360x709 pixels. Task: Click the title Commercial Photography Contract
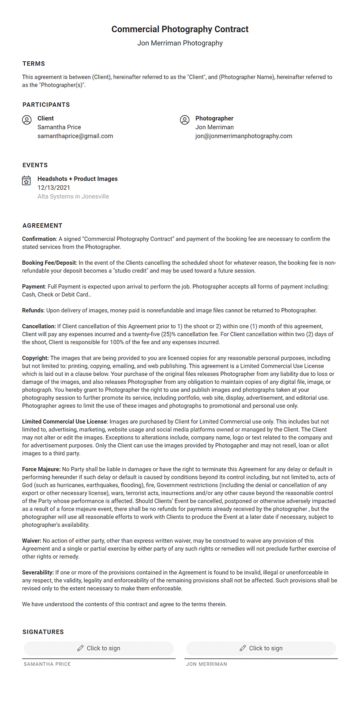pos(180,29)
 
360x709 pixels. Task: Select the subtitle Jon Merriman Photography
pos(180,43)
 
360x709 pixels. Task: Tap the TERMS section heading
pos(34,64)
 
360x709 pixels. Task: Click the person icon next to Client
pos(27,120)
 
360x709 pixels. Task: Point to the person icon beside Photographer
pos(185,120)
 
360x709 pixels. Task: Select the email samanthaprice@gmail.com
pos(75,136)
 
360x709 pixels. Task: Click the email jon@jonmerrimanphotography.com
pos(244,136)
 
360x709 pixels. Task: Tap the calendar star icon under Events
pos(26,181)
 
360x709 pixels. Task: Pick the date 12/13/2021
pos(54,188)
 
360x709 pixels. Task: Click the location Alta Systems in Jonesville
pos(73,196)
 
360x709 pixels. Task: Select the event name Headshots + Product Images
pos(78,179)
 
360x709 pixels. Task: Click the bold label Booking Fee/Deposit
pos(49,263)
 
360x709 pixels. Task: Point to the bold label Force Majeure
pos(41,469)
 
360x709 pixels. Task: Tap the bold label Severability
pos(38,572)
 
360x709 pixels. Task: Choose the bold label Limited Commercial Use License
pos(64,421)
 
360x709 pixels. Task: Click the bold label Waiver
pos(32,540)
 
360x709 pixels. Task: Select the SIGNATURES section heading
pos(43,632)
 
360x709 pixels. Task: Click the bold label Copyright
pos(35,358)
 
